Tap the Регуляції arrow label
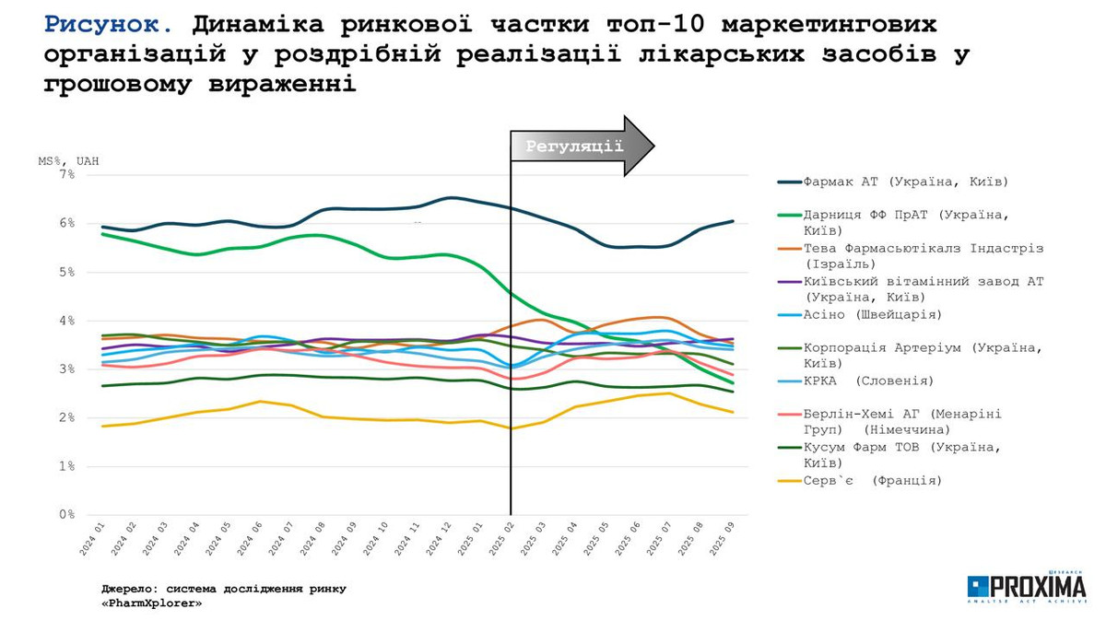coord(575,146)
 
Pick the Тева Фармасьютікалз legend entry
coord(923,256)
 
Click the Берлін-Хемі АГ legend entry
coord(902,421)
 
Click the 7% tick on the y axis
coord(66,174)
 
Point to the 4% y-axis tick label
coord(66,321)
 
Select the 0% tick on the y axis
coord(66,515)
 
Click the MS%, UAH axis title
coord(68,160)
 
